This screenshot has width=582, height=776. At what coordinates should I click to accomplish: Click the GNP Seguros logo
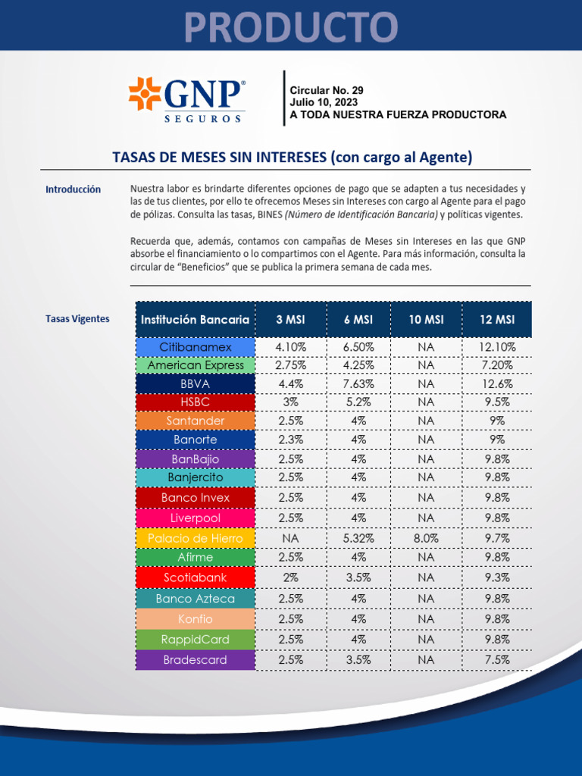point(186,99)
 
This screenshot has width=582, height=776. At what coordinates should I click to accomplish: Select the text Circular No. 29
point(327,90)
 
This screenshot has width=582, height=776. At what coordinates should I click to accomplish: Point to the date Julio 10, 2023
point(324,102)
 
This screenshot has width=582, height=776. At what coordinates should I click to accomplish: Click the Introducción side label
point(73,189)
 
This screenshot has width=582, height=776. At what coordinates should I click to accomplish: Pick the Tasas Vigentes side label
point(77,319)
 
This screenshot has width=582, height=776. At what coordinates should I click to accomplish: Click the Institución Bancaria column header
point(195,320)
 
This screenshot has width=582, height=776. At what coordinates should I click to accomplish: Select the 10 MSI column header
point(426,320)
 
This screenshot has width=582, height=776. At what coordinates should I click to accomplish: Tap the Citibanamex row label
point(196,347)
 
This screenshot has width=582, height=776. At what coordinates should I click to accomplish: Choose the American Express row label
point(196,365)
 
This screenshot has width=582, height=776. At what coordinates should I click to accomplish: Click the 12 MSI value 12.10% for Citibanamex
point(496,347)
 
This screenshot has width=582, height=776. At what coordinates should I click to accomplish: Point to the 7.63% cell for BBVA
point(358,384)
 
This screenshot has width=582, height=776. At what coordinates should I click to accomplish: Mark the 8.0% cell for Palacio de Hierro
point(426,538)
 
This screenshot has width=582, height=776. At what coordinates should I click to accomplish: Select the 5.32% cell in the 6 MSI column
point(358,538)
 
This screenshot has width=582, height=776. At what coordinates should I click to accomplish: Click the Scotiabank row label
point(196,577)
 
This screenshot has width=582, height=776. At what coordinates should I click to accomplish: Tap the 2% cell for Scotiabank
point(291,577)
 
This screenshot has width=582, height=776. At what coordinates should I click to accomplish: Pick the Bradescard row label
point(196,660)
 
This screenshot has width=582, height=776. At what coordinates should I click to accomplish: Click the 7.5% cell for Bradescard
point(496,660)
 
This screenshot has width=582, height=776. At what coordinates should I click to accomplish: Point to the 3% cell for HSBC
point(291,402)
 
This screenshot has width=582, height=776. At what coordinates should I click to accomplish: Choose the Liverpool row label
point(196,518)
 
